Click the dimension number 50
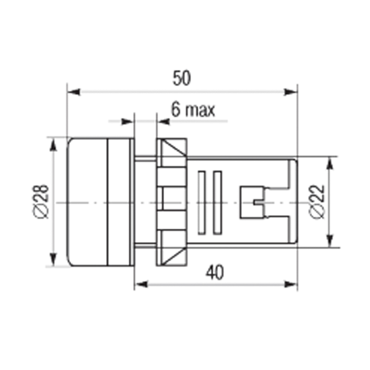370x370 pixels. point(181,78)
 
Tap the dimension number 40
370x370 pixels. point(215,272)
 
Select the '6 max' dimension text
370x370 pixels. point(193,110)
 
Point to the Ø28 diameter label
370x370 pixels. point(41,202)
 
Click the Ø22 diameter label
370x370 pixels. point(317,202)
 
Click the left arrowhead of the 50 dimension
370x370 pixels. point(74,92)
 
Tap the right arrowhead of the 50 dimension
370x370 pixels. point(290,92)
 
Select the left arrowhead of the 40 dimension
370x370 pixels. point(142,284)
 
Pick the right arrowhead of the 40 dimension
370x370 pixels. point(290,284)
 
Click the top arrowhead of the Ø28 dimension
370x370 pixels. point(54,144)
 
